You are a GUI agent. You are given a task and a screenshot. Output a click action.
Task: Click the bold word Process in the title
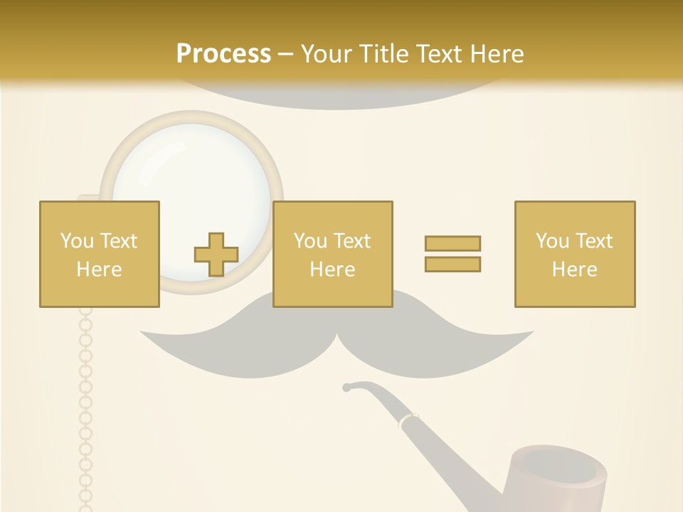coord(223,54)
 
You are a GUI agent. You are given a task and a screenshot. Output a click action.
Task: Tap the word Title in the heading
coord(384,54)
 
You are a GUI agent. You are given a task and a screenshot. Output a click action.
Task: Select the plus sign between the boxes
coord(216,255)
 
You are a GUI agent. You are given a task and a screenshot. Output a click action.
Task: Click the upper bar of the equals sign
coord(452,244)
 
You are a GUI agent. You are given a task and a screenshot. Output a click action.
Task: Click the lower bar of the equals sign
coord(452,264)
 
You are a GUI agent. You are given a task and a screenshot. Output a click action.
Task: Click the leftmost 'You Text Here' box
coord(100,254)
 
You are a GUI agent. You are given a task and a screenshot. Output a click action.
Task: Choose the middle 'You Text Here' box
coord(332,254)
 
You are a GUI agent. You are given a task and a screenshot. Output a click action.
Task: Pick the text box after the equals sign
coord(574,254)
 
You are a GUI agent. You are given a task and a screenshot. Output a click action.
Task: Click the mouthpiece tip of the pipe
coord(346,388)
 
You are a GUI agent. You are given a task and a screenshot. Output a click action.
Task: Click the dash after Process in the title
coord(286,55)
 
